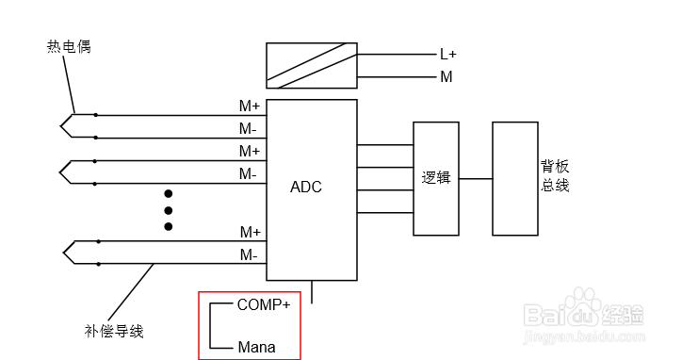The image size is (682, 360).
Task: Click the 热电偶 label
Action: pyautogui.click(x=69, y=46)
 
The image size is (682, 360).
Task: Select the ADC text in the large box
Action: pyautogui.click(x=306, y=187)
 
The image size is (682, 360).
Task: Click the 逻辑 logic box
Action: pyautogui.click(x=434, y=178)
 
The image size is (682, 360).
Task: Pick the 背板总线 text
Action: pyautogui.click(x=555, y=176)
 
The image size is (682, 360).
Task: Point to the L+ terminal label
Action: pyautogui.click(x=448, y=55)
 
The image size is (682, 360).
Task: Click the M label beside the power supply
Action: pyautogui.click(x=446, y=77)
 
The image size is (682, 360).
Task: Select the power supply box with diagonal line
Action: pyautogui.click(x=311, y=65)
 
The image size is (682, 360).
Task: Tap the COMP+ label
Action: pyautogui.click(x=264, y=304)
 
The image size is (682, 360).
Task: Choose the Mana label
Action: pyautogui.click(x=256, y=347)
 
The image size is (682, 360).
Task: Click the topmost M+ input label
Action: pyautogui.click(x=250, y=106)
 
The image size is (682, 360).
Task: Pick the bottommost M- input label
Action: pyautogui.click(x=249, y=254)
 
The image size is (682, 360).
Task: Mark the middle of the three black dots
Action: pyautogui.click(x=169, y=210)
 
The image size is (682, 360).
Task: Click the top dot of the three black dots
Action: pyautogui.click(x=169, y=194)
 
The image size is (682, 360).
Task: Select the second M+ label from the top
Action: pyautogui.click(x=250, y=151)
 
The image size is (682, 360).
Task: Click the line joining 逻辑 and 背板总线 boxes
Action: pyautogui.click(x=474, y=178)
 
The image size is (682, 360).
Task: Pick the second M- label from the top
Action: pyautogui.click(x=249, y=174)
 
